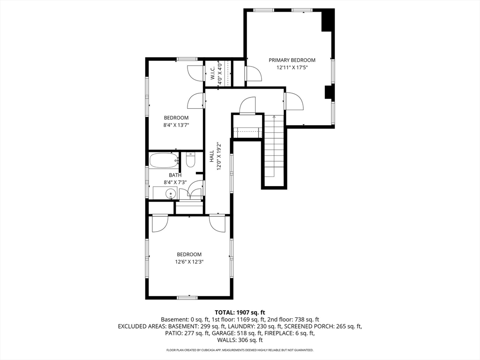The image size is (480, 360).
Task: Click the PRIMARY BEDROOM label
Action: pos(292,60)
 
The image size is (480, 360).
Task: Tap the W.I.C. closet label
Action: pos(212,74)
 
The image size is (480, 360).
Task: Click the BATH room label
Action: pos(175,175)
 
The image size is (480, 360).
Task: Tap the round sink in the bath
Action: pos(170,194)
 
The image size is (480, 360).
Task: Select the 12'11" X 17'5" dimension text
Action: pos(292,67)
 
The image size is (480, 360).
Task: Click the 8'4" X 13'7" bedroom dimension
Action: pos(176,125)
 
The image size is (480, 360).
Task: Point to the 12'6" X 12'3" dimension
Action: pos(189,262)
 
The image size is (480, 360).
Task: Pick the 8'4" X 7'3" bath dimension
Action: pos(175,182)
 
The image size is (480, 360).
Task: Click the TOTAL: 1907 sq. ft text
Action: pos(240,313)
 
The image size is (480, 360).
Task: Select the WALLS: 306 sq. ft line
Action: pos(240,340)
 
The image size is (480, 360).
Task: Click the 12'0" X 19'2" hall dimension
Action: pos(219,156)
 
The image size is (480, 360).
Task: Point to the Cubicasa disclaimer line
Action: pos(240,350)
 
